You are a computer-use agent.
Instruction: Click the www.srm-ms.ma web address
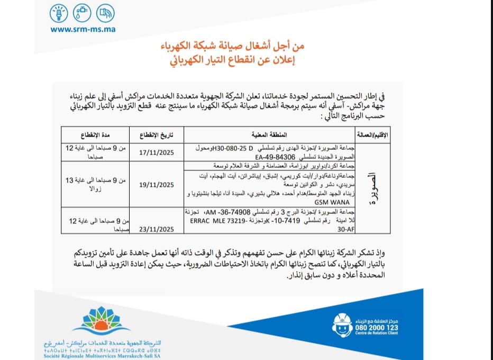coord(83,30)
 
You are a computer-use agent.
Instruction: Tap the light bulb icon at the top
coord(59,13)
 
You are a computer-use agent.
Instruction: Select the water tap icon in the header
coord(83,13)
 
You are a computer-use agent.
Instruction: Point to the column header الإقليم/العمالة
coord(370,134)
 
